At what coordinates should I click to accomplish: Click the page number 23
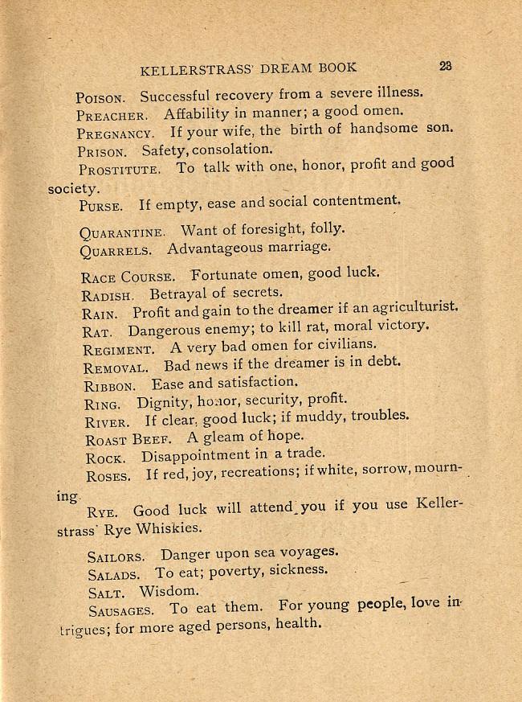pos(446,66)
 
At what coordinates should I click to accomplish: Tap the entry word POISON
pos(100,98)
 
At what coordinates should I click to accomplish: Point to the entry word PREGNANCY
pos(116,133)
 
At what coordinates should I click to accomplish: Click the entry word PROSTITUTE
pos(120,170)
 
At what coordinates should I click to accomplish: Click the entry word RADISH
pos(107,295)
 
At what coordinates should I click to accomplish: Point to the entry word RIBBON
pos(109,385)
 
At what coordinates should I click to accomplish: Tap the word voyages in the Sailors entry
pos(308,552)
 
